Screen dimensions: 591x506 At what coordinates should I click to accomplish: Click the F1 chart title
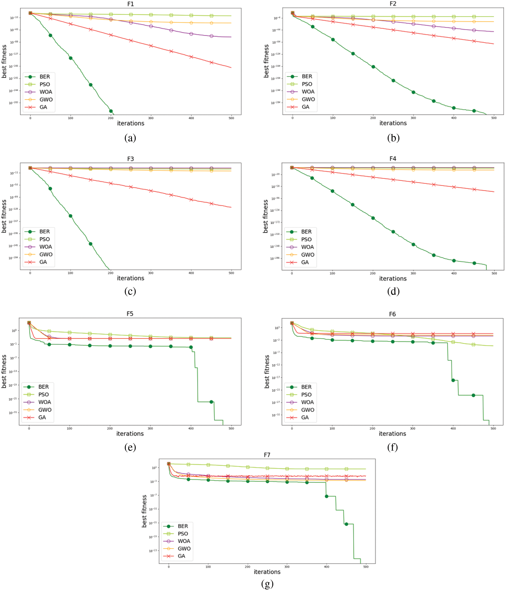(130, 4)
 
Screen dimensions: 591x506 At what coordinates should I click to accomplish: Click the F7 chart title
(267, 455)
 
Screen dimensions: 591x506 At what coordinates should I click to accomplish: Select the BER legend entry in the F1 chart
(44, 77)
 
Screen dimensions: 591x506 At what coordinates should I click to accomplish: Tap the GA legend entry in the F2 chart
(305, 107)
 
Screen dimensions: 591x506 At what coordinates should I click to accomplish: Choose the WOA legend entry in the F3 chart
(45, 247)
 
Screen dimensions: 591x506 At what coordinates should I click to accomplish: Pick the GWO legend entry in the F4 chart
(307, 255)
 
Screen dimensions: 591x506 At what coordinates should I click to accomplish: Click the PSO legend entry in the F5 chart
(43, 395)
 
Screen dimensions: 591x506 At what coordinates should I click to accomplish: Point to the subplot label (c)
(130, 291)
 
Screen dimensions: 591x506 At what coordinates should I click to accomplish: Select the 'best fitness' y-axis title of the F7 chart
(144, 511)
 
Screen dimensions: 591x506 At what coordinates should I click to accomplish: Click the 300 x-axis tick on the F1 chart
(151, 118)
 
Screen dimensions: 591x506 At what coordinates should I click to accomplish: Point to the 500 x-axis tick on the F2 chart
(494, 118)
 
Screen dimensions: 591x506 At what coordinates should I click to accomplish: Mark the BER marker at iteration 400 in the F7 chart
(327, 496)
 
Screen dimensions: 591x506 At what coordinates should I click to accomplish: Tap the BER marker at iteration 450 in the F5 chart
(211, 402)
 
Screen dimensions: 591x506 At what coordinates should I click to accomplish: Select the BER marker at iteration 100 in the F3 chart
(71, 216)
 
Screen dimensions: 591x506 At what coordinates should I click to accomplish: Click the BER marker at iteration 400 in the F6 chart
(453, 380)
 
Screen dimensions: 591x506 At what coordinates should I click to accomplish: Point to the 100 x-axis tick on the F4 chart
(332, 273)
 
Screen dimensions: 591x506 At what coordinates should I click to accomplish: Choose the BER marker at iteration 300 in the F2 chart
(413, 92)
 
